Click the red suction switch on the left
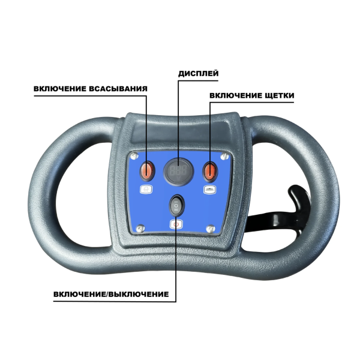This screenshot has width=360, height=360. [x=147, y=171]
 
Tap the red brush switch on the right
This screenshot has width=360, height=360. [x=209, y=171]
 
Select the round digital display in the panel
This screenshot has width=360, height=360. [x=178, y=170]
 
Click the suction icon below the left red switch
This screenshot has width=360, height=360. [x=146, y=190]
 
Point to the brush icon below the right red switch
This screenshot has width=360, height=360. [x=209, y=190]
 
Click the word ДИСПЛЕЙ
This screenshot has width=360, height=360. [x=198, y=73]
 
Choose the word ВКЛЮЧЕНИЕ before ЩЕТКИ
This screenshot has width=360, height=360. [x=236, y=95]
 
